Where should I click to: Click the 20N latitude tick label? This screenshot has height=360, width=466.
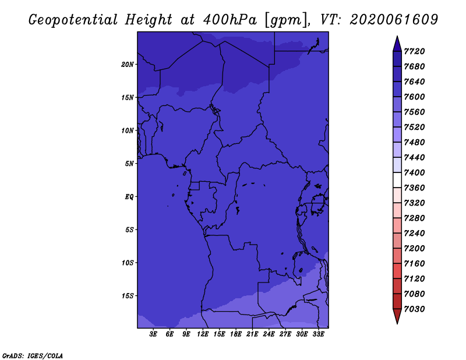[128, 65]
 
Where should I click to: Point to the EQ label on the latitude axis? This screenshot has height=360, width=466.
[129, 197]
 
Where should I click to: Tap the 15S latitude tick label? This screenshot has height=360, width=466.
[128, 296]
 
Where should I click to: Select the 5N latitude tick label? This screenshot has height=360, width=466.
[129, 164]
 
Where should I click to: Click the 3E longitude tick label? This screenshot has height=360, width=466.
[153, 334]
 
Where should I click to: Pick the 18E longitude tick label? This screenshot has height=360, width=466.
[236, 334]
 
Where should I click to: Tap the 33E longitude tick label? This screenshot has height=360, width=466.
[318, 334]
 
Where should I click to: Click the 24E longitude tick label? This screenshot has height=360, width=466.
[269, 334]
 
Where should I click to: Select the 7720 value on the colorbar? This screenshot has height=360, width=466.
[414, 51]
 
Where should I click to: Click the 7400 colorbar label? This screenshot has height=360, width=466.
[414, 172]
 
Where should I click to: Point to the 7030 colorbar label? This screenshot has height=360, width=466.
[414, 309]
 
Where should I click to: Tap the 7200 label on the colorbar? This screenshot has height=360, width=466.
[414, 249]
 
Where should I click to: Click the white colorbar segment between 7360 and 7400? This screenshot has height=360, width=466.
[397, 180]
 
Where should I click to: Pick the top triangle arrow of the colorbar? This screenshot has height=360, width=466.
[397, 44]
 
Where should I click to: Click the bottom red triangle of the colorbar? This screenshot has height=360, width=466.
[397, 316]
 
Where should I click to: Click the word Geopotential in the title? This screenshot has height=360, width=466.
[73, 20]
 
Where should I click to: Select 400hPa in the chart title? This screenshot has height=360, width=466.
[230, 20]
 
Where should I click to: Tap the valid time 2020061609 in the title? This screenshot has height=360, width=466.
[394, 19]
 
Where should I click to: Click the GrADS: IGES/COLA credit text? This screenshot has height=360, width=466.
[33, 356]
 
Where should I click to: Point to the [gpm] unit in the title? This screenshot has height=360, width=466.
[287, 20]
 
